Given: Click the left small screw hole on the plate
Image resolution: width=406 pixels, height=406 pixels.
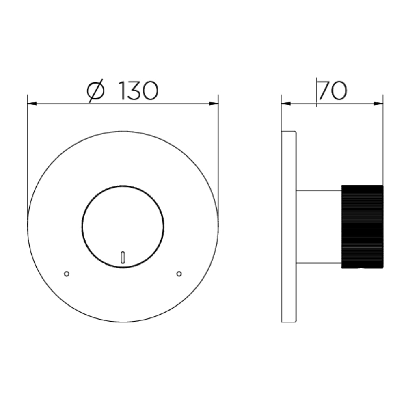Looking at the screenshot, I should pyautogui.click(x=67, y=274).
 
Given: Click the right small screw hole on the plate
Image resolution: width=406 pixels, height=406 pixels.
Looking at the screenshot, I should pyautogui.click(x=179, y=274).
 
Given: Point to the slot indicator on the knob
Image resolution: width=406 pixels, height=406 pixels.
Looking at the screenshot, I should pyautogui.click(x=123, y=257).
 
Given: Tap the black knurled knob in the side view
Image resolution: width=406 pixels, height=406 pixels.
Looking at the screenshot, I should pyautogui.click(x=363, y=227).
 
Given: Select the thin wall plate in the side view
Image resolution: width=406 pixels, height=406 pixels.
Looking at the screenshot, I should pyautogui.click(x=289, y=227).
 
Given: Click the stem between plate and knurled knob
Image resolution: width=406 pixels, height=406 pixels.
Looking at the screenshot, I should pyautogui.click(x=319, y=227).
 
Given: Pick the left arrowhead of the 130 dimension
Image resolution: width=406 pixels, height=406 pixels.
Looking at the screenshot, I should pyautogui.click(x=32, y=104).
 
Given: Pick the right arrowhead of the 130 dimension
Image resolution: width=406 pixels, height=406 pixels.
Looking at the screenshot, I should pyautogui.click(x=214, y=104).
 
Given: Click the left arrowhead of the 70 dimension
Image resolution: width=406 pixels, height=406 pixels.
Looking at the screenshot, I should pyautogui.click(x=286, y=104).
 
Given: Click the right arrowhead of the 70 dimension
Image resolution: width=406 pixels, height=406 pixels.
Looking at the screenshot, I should pyautogui.click(x=379, y=104).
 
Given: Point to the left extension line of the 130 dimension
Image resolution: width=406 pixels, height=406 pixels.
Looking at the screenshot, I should pyautogui.click(x=27, y=154).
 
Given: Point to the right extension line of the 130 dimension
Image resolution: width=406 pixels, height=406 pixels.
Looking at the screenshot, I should pyautogui.click(x=218, y=154).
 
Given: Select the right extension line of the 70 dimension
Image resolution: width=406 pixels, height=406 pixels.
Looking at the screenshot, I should pyautogui.click(x=383, y=142).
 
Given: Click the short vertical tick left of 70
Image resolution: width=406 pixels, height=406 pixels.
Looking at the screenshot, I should pyautogui.click(x=317, y=93).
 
